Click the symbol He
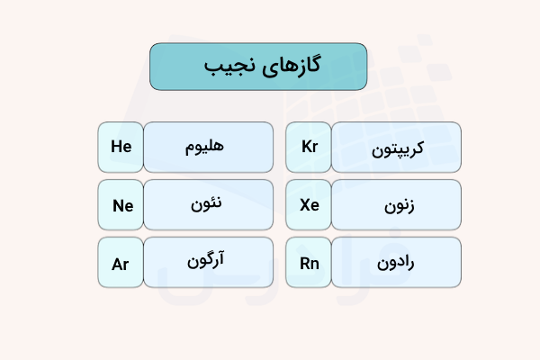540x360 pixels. tap(121, 147)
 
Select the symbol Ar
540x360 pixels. tap(121, 264)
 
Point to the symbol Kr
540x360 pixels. tap(310, 147)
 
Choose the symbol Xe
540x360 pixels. tap(310, 205)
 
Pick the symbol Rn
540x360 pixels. tap(310, 264)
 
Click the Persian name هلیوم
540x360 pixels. tap(208, 146)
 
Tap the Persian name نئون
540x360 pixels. tap(208, 204)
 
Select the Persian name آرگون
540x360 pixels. tap(208, 263)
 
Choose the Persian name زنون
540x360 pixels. tap(396, 205)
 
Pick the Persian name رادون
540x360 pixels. tap(396, 263)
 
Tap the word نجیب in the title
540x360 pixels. tap(229, 67)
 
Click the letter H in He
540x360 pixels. tap(116, 147)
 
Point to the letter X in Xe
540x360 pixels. tap(304, 205)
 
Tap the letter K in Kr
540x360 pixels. tap(305, 147)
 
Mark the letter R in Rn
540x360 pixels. tap(304, 264)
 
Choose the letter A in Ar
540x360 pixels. tap(117, 264)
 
